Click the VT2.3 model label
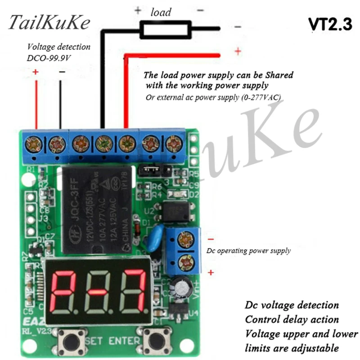[330, 24]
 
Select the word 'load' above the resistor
[161, 12]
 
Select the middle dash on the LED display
[98, 292]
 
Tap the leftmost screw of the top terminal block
[34, 144]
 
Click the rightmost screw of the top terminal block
[173, 144]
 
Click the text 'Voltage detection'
[59, 47]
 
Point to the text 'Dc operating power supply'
[248, 251]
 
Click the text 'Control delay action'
[292, 319]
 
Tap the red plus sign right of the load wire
[238, 51]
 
